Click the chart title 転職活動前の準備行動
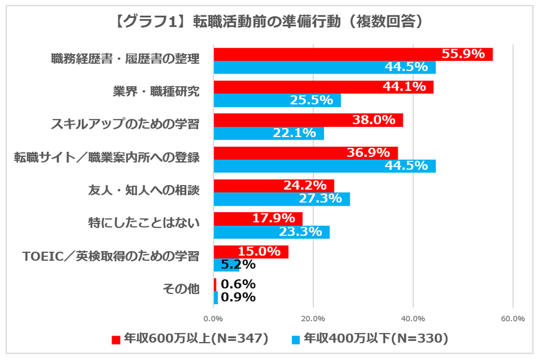(x=269, y=21)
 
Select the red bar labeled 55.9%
(x=352, y=54)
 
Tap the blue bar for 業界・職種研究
(x=277, y=101)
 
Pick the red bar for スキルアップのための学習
(x=307, y=120)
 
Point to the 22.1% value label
(x=295, y=133)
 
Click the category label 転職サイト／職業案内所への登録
(x=107, y=158)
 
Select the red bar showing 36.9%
(x=305, y=153)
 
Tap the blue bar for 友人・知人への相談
(x=281, y=199)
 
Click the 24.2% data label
(x=305, y=186)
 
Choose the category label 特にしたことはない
(x=143, y=224)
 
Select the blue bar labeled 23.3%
(x=271, y=232)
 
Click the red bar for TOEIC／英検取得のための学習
(x=250, y=252)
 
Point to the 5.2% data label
(x=238, y=265)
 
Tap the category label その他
(x=182, y=290)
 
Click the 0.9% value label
(x=238, y=297)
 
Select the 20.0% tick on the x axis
(x=313, y=318)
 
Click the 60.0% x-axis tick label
(x=513, y=318)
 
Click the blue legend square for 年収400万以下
(x=295, y=339)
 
